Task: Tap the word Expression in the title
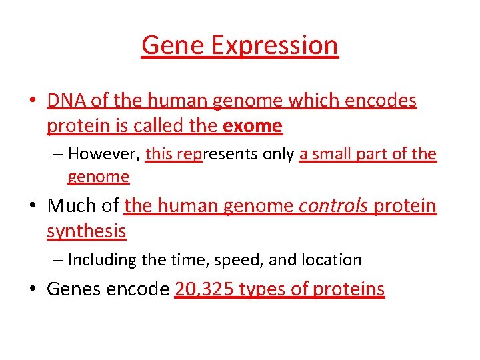pyautogui.click(x=274, y=45)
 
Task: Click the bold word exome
pyautogui.click(x=253, y=125)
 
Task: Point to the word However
pyautogui.click(x=103, y=154)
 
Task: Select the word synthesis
pyautogui.click(x=86, y=231)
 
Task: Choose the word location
pyautogui.click(x=330, y=259)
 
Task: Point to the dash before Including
pyautogui.click(x=58, y=260)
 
